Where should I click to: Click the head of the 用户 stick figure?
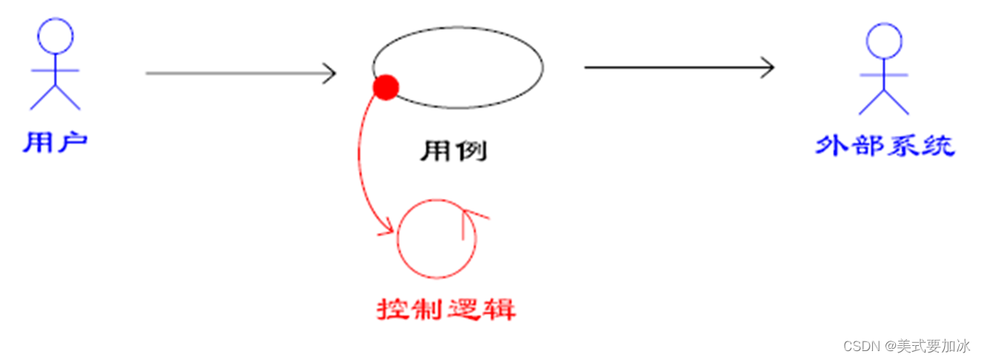click(x=56, y=36)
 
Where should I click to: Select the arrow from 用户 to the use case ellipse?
click(x=238, y=73)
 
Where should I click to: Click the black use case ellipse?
click(x=457, y=66)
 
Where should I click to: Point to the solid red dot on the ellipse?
click(x=385, y=88)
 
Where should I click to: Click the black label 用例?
click(x=454, y=151)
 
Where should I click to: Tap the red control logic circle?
click(x=436, y=238)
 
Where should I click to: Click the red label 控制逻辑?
click(x=446, y=309)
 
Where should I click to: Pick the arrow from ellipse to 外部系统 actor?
click(x=675, y=68)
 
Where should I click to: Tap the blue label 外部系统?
click(x=884, y=145)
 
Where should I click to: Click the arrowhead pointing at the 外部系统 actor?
click(x=767, y=68)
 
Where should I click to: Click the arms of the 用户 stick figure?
click(x=56, y=71)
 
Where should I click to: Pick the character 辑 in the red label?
click(x=500, y=309)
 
